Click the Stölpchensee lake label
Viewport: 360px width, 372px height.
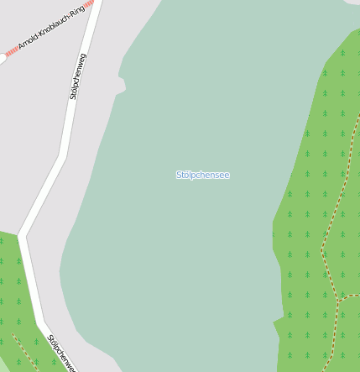coord(202,175)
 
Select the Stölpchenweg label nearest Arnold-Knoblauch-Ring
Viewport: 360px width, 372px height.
coord(78,76)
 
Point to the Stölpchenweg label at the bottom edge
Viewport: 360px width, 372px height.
coord(62,354)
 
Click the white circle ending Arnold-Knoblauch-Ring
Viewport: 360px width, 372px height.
coord(2,59)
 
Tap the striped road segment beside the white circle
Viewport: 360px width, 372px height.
coord(11,53)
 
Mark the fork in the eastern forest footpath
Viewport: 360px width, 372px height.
coord(337,299)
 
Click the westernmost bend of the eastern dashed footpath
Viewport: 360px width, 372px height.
coord(321,249)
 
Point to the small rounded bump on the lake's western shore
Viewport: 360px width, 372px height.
coord(122,84)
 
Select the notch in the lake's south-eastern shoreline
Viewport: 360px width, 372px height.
coord(276,321)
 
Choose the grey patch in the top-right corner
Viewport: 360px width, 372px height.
coord(352,3)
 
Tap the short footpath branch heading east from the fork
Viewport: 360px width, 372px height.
coord(349,296)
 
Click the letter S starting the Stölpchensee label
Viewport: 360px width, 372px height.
coord(179,175)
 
